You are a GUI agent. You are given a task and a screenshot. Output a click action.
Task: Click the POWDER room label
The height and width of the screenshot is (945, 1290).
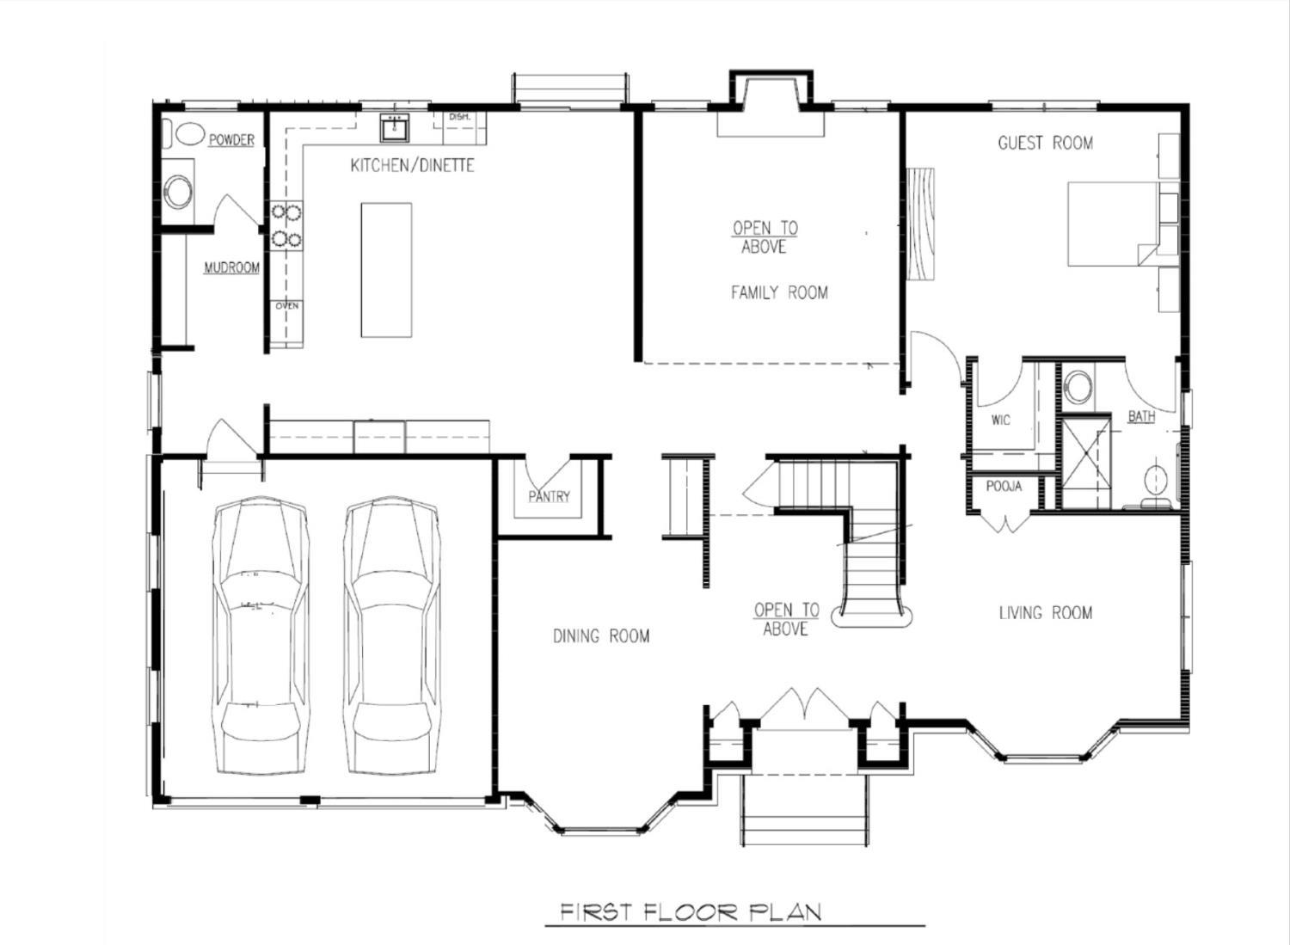point(231,140)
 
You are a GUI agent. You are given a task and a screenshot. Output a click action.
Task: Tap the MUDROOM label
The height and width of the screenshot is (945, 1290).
point(231,267)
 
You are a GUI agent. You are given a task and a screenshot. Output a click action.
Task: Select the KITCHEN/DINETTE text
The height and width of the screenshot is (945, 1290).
point(412,166)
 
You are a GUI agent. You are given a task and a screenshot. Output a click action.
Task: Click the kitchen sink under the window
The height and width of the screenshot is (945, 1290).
point(395,127)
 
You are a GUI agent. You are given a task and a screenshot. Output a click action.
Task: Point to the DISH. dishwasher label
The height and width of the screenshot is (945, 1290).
point(459,117)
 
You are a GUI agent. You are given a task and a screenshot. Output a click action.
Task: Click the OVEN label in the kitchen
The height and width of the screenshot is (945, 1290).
point(286,306)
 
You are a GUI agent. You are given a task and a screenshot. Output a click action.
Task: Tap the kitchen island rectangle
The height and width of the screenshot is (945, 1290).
point(386,270)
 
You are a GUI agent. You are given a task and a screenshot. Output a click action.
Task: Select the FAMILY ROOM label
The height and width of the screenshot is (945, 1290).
point(779,292)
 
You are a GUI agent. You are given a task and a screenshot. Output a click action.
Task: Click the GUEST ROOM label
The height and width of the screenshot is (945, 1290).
point(1045,143)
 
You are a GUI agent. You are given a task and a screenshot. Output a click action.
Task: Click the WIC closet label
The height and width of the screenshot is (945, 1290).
point(1001,420)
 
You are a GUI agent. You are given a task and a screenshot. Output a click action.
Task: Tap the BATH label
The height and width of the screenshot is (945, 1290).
point(1141,416)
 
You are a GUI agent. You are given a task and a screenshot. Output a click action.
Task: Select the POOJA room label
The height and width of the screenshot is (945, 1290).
point(1004,487)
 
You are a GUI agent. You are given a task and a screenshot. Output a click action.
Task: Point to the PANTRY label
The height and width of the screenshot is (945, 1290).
point(549,496)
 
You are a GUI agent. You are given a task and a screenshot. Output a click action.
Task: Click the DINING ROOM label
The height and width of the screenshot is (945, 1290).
point(600,636)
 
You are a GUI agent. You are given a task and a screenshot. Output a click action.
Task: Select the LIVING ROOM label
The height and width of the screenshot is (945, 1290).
point(1045,613)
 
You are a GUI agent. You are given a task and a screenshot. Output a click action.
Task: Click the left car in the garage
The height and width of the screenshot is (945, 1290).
point(261,636)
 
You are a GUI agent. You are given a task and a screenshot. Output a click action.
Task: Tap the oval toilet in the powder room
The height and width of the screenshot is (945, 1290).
point(191,134)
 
